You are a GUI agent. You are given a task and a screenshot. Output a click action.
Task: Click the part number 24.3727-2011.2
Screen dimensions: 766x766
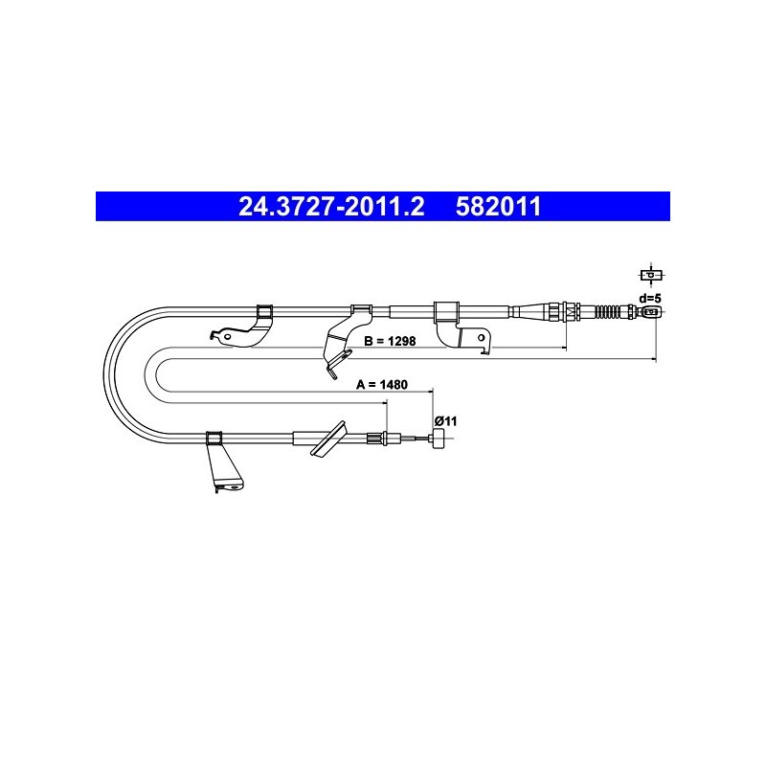click(x=331, y=206)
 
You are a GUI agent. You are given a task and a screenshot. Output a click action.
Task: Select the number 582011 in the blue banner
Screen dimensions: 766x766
click(x=498, y=206)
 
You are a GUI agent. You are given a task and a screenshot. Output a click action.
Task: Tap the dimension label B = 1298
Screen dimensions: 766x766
click(x=390, y=341)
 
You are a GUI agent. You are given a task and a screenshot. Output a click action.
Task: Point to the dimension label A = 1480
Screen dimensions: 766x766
click(x=382, y=385)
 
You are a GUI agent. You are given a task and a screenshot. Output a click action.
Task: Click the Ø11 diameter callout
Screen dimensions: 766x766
click(x=445, y=420)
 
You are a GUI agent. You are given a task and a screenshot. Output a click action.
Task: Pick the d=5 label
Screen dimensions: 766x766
click(x=650, y=298)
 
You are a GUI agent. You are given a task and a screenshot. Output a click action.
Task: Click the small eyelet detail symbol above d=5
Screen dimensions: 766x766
click(x=652, y=275)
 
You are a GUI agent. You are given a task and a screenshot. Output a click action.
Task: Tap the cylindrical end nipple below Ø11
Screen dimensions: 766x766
click(x=438, y=439)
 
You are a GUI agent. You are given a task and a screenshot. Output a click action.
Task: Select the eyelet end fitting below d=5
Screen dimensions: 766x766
click(x=651, y=312)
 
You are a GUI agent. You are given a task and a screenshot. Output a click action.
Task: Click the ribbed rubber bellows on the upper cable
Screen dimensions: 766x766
click(x=610, y=311)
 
